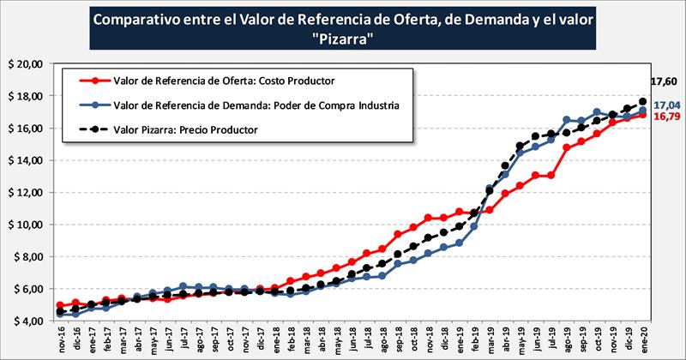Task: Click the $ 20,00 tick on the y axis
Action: click(25, 64)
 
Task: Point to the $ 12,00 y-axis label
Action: click(25, 193)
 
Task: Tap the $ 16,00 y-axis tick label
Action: click(25, 129)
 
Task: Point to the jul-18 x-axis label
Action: click(369, 339)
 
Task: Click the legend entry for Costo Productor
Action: click(223, 81)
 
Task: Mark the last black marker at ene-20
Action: click(643, 101)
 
